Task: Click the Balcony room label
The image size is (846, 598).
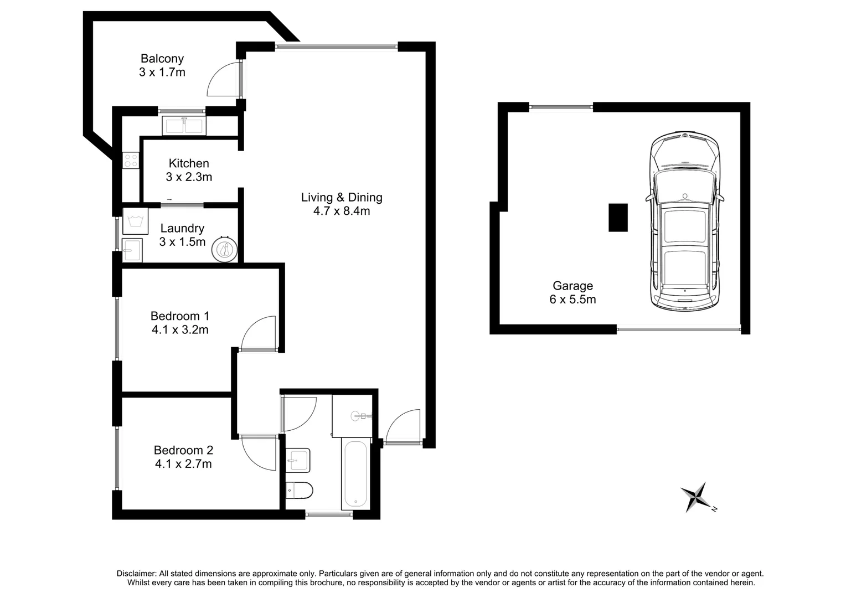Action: coord(162,59)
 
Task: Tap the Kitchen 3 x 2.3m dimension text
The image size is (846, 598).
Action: coord(189,177)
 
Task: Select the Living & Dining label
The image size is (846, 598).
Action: coord(342,198)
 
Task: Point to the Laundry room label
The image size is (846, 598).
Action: coord(182,229)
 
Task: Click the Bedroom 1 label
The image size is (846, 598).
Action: coord(180,316)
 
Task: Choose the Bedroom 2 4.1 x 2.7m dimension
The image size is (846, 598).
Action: coord(183,464)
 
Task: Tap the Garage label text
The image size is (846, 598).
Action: coord(572,286)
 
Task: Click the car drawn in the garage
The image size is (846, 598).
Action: coord(685,221)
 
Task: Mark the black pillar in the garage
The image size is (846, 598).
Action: coord(618,218)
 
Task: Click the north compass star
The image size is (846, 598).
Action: coord(696,496)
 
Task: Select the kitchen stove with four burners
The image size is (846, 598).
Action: coord(131,161)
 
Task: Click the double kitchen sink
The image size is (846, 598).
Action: coord(184,126)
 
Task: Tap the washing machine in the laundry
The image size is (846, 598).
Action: coord(135,221)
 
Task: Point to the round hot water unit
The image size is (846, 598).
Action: coord(224,250)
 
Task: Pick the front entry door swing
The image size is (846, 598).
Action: coord(404,427)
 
